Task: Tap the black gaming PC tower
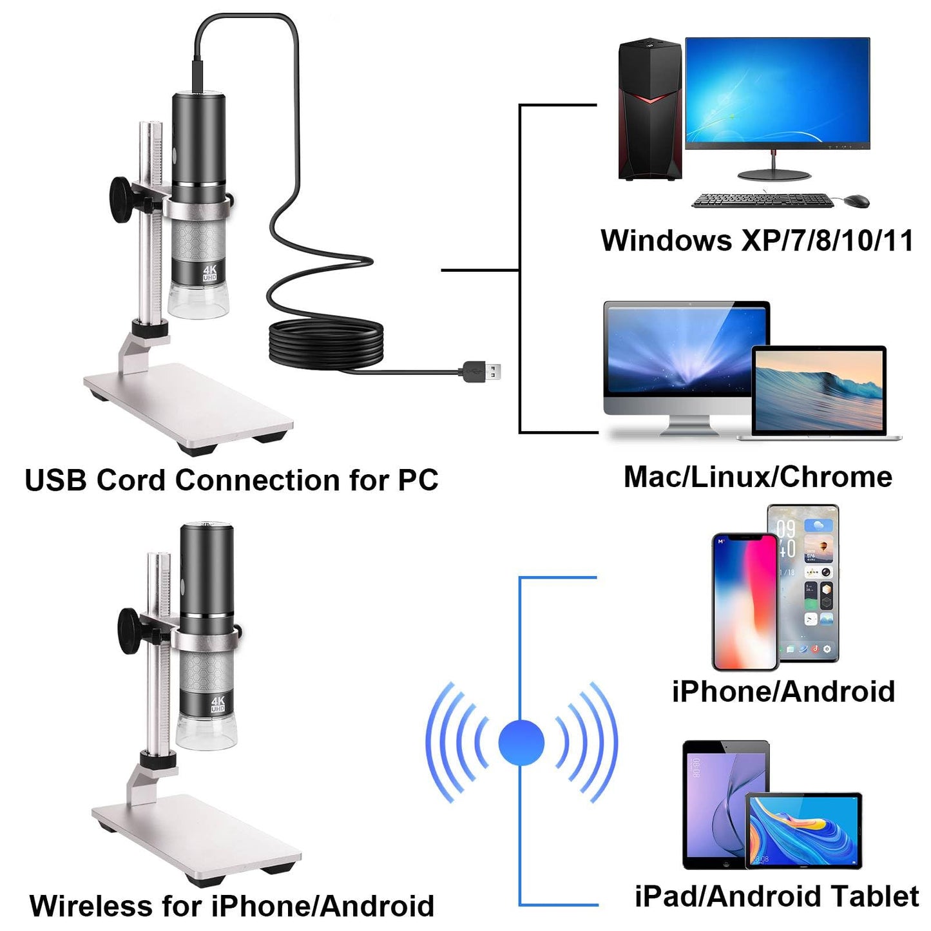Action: tap(649, 110)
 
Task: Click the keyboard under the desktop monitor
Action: tap(762, 200)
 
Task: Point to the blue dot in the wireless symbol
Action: tap(521, 742)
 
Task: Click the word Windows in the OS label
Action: tap(666, 241)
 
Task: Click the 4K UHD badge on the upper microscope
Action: tap(210, 273)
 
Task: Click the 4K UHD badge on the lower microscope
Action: tap(218, 704)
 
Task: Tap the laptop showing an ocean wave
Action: tap(819, 391)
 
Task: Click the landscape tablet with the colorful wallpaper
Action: tap(803, 830)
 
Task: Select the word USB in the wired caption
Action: tap(55, 481)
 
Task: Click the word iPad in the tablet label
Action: tap(666, 896)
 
